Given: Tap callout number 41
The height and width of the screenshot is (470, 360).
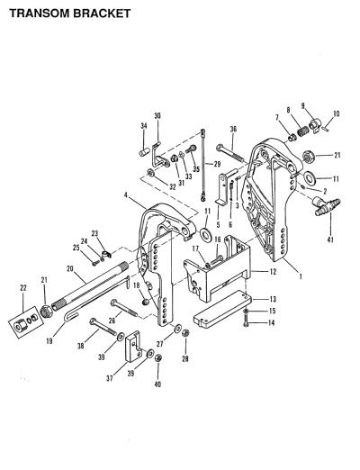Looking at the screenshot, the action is pos(330,240).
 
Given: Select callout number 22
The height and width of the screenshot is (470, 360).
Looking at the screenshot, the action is pos(23,288).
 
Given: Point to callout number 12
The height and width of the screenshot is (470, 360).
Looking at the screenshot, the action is pos(273,272).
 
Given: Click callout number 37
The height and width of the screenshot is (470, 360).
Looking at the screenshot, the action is pos(110,378).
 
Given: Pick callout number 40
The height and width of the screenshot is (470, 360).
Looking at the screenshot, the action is pos(157,384).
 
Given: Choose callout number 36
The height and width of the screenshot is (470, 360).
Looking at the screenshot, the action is pos(233,130).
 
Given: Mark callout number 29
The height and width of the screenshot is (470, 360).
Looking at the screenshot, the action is pos(217,164).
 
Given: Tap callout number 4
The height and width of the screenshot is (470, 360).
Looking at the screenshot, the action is pos(126,195).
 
